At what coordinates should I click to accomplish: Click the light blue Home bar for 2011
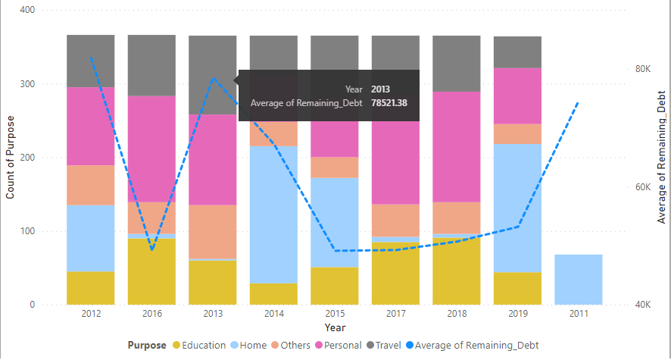[578, 280]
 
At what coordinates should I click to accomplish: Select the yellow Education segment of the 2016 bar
[151, 271]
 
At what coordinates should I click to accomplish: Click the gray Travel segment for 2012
[90, 61]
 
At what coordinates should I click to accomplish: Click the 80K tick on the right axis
[642, 69]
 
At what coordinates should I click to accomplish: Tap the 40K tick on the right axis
[642, 305]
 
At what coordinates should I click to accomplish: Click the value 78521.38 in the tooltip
[389, 103]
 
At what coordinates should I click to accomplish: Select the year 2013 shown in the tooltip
[381, 89]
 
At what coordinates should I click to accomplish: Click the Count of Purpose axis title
[10, 158]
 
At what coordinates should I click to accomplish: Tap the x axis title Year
[335, 327]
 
